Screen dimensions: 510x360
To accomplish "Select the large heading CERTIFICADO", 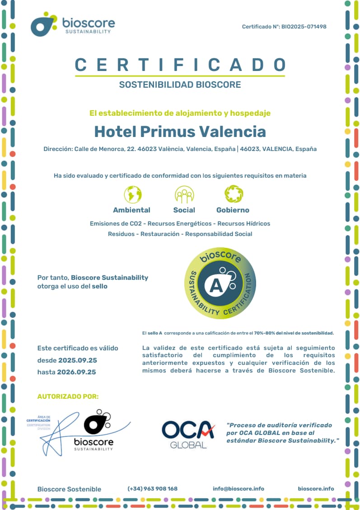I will [180, 65].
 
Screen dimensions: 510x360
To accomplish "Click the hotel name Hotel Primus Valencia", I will [180, 132].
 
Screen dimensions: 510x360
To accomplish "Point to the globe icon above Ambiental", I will [133, 194].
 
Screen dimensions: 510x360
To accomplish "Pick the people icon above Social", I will [184, 194].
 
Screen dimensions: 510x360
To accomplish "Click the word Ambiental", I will [131, 210].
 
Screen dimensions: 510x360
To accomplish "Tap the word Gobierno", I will [233, 210].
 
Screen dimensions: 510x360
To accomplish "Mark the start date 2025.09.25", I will [77, 360].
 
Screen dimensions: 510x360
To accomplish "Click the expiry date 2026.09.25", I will [76, 372].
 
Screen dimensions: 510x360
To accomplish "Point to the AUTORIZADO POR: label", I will [68, 397].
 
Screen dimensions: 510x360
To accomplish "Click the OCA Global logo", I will [188, 434].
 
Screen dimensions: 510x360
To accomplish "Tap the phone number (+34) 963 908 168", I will [153, 489].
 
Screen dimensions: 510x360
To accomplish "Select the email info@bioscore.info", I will [238, 489].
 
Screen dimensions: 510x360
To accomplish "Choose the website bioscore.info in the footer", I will [316, 489].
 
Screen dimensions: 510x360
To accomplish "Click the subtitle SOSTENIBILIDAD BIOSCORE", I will [180, 85].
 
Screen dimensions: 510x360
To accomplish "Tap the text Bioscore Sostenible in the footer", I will [69, 489].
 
